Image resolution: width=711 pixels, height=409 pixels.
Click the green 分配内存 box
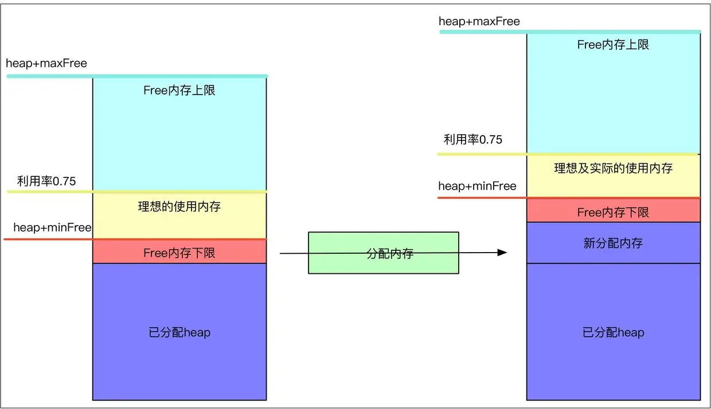point(383,253)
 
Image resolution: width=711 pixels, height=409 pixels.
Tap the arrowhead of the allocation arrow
point(502,253)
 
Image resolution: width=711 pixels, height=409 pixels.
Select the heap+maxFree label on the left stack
point(46,63)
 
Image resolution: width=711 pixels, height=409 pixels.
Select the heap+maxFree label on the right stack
point(479,22)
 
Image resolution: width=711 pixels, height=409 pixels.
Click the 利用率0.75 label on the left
point(46,182)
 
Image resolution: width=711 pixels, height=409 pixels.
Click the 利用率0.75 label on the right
point(473,140)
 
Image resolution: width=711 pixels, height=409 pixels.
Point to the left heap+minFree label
point(52,227)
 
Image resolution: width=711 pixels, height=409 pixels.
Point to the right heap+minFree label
point(477,186)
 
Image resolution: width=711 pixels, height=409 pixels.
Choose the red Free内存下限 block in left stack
point(179,252)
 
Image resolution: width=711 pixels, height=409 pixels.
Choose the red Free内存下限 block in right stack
point(613,211)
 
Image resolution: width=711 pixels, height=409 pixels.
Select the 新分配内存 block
point(613,243)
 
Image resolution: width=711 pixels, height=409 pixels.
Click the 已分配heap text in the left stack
point(179,332)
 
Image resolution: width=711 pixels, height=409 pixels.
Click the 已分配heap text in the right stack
point(613,332)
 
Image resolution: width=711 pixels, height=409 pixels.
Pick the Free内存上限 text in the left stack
point(179,91)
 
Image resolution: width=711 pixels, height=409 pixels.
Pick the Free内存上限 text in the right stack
point(613,45)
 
